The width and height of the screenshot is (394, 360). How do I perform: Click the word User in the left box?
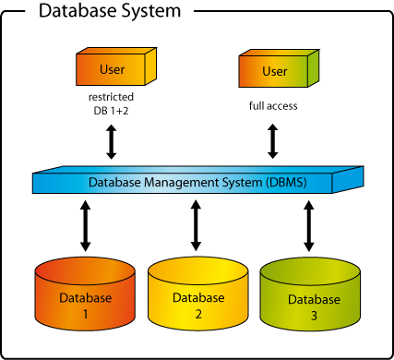112,70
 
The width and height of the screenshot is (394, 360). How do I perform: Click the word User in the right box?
275,72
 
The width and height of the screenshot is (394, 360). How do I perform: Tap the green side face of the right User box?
314,67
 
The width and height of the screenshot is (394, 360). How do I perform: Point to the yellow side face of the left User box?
150,66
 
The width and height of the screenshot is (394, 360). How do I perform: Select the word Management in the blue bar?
180,183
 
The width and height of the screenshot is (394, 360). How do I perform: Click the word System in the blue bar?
238,183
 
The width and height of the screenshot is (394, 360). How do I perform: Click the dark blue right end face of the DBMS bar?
347,179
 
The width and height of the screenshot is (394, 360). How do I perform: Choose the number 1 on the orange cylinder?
85,314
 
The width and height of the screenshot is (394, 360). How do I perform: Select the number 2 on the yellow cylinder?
197,314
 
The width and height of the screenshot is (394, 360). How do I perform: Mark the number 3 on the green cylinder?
314,316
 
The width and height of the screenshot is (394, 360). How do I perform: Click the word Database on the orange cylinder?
85,298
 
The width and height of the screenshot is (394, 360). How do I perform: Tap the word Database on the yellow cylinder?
197,298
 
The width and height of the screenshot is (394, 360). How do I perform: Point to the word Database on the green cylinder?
314,300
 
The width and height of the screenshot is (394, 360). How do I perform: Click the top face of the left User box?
114,52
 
